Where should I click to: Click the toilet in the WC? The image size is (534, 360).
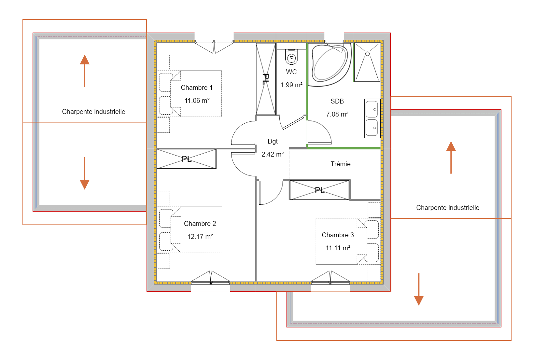(x=291, y=57)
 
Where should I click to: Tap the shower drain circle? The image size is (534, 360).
(x=367, y=54)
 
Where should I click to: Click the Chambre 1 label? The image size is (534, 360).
(x=197, y=88)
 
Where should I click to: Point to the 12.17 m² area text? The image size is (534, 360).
(x=200, y=237)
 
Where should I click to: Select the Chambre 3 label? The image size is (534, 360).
(x=338, y=235)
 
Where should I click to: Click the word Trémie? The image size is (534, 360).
(x=341, y=164)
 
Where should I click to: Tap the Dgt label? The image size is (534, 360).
(x=273, y=141)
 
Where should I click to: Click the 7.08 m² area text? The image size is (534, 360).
(x=337, y=114)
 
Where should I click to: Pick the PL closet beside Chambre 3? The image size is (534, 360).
(x=319, y=190)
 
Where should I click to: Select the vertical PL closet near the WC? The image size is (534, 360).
(x=266, y=79)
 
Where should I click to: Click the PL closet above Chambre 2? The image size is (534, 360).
(x=187, y=159)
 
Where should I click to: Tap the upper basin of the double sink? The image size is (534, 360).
(x=372, y=109)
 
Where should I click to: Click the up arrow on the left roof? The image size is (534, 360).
(x=85, y=71)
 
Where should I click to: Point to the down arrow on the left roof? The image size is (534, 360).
(x=85, y=173)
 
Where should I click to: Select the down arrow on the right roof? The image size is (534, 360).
(x=419, y=289)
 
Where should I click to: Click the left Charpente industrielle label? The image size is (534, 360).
(x=93, y=112)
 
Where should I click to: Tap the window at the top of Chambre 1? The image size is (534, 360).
(x=214, y=46)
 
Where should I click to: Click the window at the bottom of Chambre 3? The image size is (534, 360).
(x=330, y=278)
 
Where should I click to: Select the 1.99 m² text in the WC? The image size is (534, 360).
(x=291, y=85)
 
